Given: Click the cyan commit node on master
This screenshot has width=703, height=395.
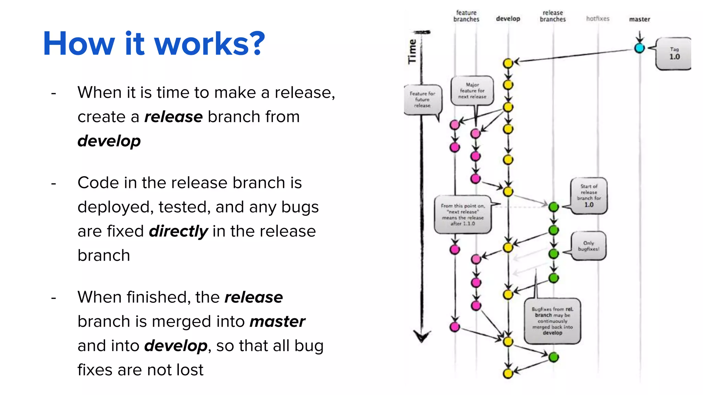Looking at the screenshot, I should [639, 48].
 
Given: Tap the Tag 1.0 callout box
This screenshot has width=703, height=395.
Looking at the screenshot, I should [673, 54].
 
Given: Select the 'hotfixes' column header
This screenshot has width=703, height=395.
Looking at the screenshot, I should [598, 19].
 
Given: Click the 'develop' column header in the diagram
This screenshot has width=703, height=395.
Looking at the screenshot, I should [508, 19].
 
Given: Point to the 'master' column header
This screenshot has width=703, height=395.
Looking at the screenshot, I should [639, 19].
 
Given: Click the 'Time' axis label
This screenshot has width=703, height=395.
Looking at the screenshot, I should [412, 51].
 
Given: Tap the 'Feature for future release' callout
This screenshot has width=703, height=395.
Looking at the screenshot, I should [422, 99].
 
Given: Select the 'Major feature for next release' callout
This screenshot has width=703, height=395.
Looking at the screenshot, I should [472, 91].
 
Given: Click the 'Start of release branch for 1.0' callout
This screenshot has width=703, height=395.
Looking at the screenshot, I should [589, 196].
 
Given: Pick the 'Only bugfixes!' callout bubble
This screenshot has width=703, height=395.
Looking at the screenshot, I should [588, 246].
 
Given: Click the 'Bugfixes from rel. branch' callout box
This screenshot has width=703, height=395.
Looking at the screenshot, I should [552, 321].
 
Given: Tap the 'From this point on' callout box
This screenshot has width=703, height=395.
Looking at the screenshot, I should [463, 215].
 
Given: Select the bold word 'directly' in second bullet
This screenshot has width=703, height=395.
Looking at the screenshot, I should [178, 231].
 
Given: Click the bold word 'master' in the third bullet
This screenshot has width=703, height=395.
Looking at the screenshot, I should [277, 322].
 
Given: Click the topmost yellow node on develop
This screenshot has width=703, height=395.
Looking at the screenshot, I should [508, 63].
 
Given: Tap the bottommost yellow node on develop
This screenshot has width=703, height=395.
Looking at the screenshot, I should [508, 373].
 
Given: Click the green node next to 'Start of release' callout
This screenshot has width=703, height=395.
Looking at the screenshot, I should [553, 207].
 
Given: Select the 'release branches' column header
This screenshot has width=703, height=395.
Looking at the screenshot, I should [553, 16].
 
